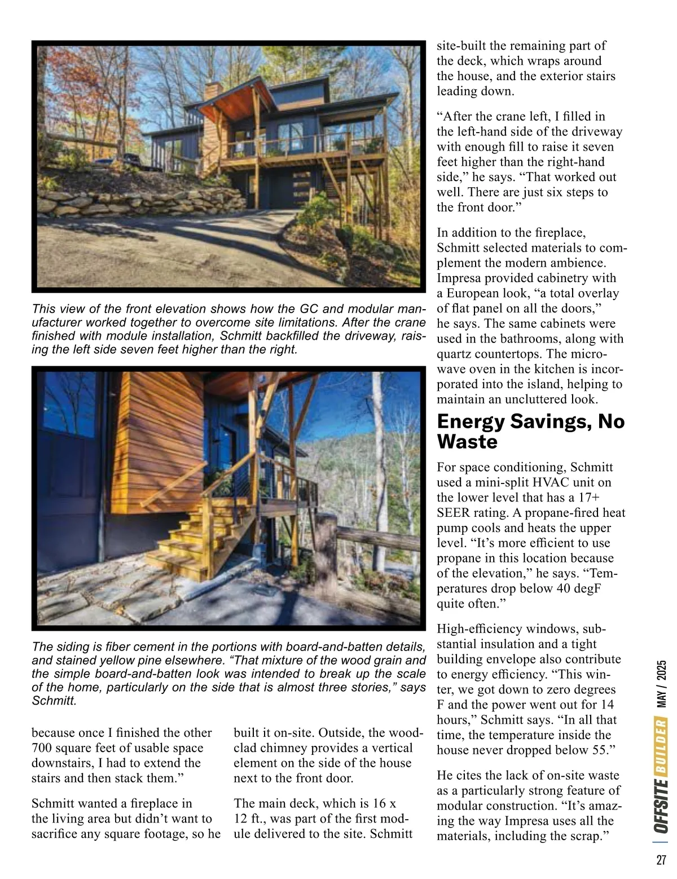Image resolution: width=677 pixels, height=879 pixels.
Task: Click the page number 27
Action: pos(661,859)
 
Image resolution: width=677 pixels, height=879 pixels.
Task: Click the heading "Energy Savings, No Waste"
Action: pos(530,431)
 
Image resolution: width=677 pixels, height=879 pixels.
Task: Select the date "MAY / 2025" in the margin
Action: pos(661,684)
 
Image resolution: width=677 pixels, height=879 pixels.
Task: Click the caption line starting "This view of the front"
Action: pos(228,309)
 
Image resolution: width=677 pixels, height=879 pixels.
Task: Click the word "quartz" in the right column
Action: pos(455,354)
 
